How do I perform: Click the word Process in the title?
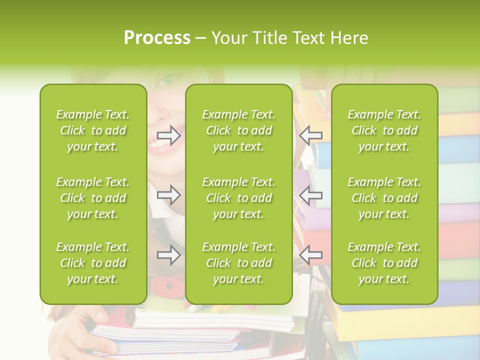pos(157,38)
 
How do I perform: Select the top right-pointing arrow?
pos(169,135)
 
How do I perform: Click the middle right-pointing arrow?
pos(169,195)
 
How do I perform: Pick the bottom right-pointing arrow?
pos(169,255)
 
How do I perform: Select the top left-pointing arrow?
pos(311,135)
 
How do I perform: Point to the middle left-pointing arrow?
pos(311,195)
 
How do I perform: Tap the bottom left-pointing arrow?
pos(311,255)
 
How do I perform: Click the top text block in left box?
pos(93,130)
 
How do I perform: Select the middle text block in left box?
pos(93,198)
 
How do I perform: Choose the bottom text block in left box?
pos(93,263)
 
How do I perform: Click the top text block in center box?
pos(239,130)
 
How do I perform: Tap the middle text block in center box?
pos(239,198)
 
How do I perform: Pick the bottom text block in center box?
pos(239,263)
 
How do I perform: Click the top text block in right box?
pos(384,130)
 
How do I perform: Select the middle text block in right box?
pos(384,198)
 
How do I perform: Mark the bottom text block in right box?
pos(384,263)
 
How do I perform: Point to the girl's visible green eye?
pos(168,79)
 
